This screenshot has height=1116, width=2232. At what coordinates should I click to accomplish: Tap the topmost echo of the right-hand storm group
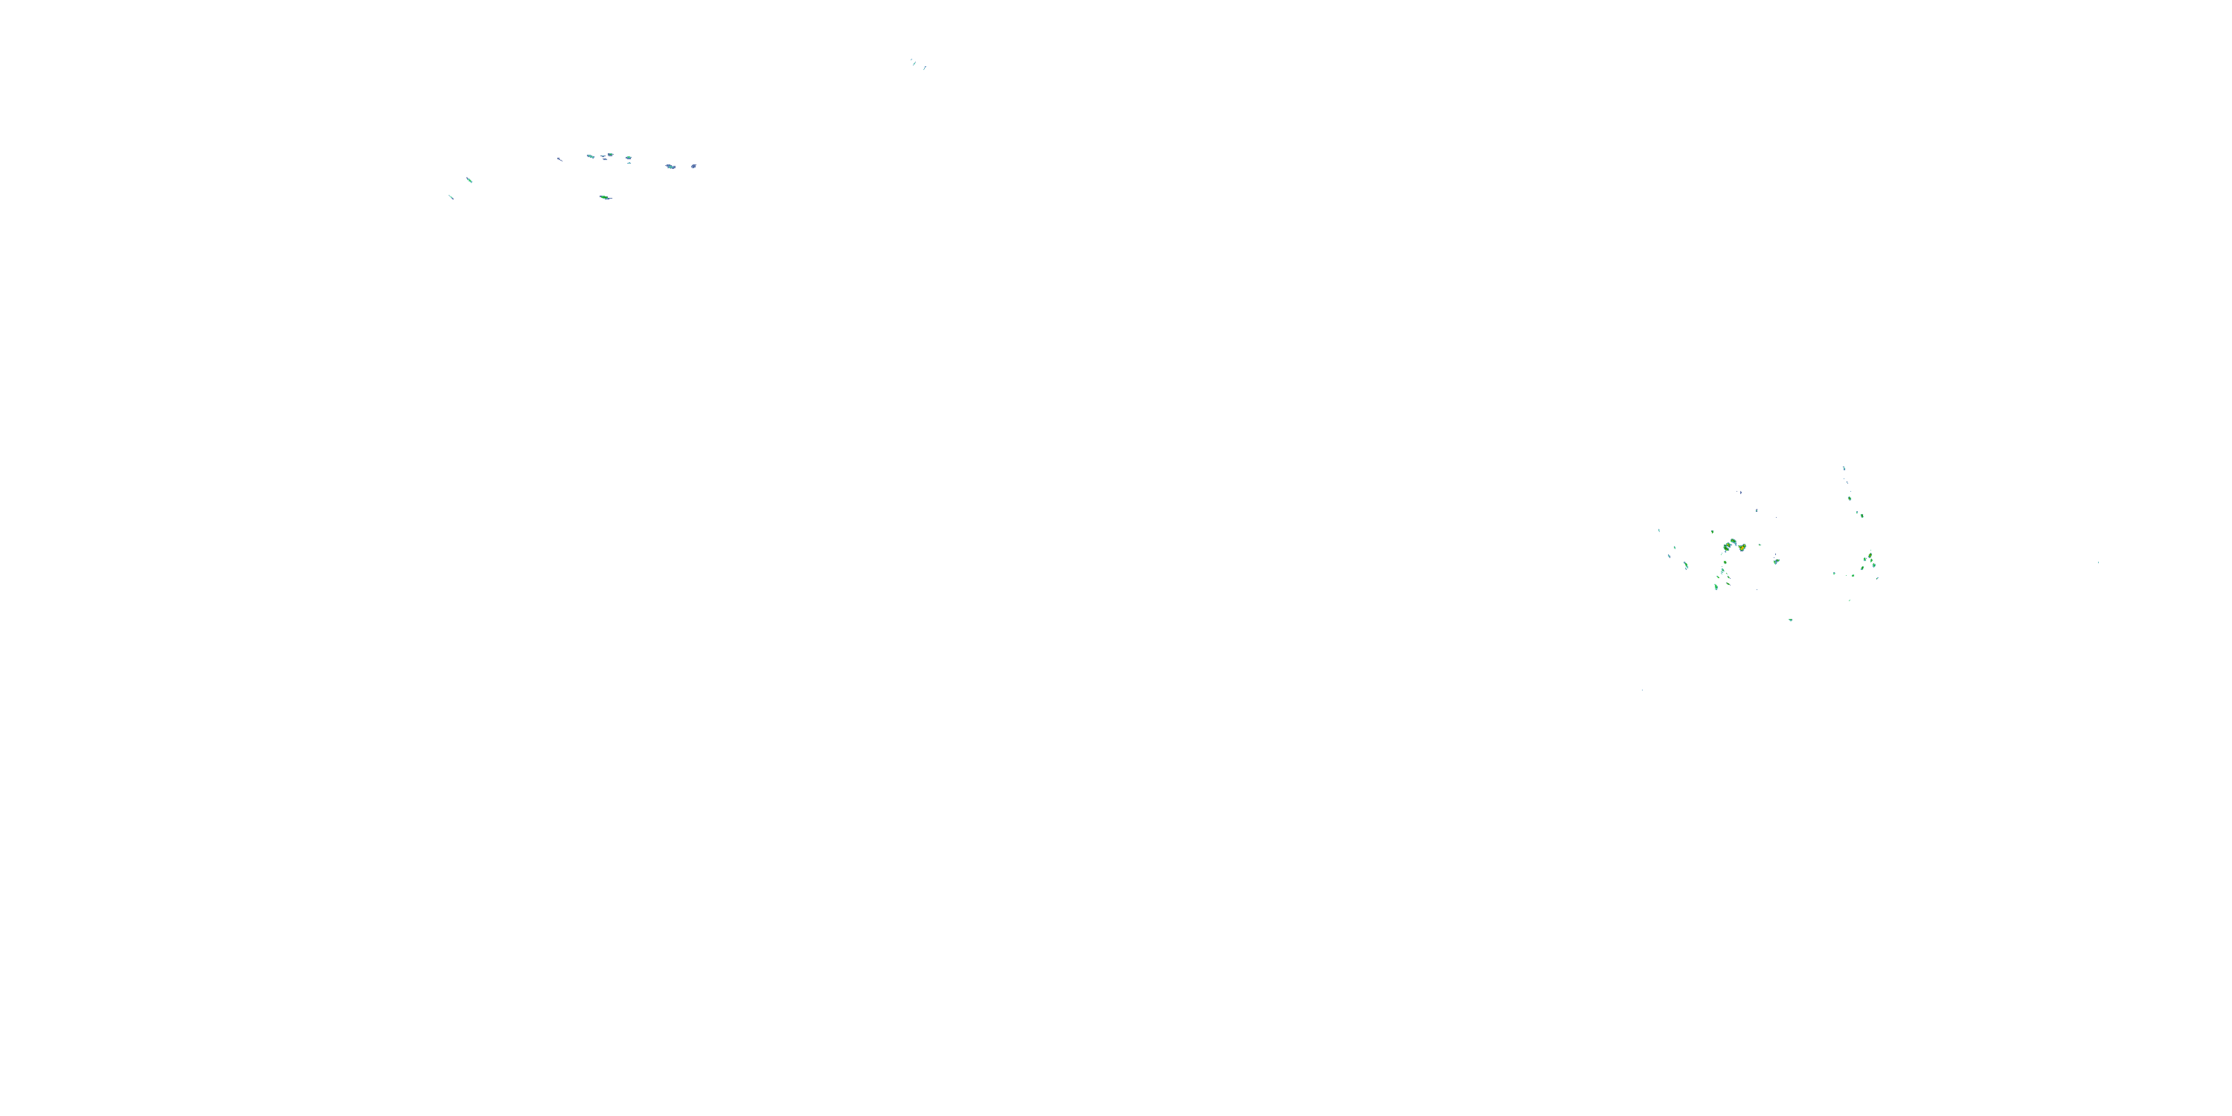pos(1844,469)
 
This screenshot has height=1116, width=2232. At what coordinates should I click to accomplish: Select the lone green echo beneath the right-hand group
pos(1791,620)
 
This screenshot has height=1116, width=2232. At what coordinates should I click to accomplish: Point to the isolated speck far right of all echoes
pos(2097,563)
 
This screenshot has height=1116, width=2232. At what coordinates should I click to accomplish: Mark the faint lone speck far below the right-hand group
pos(1642,690)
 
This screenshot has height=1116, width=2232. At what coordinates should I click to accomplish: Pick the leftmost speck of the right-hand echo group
pos(1659,530)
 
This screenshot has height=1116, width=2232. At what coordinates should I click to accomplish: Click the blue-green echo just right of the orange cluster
pos(1776,562)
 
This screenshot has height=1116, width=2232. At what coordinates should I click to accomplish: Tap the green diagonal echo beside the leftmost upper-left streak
pos(469,180)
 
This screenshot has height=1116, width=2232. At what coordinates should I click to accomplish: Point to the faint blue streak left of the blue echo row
pos(559,159)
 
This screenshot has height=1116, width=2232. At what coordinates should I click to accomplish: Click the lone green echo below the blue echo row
pos(606,198)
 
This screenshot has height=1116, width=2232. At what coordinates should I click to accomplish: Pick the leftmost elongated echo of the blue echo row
pos(591,157)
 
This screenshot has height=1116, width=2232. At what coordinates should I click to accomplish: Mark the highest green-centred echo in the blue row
pos(611,155)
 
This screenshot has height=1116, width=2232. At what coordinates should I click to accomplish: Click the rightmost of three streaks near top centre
pos(926,68)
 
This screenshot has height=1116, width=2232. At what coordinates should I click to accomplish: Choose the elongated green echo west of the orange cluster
pos(1686,565)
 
